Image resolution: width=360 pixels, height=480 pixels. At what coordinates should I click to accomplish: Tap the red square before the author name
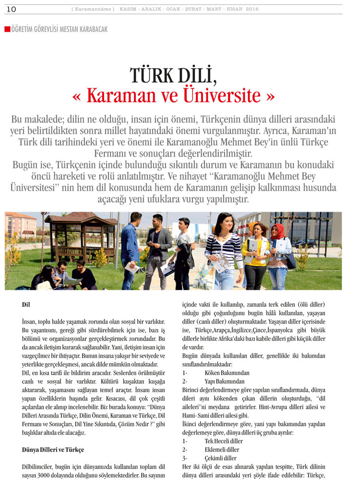(x=7, y=29)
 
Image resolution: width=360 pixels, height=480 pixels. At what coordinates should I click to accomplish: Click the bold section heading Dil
(x=26, y=304)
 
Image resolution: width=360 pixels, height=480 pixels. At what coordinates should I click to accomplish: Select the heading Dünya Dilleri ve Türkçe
(x=53, y=450)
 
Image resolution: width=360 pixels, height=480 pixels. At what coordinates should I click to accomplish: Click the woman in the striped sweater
(x=224, y=250)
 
